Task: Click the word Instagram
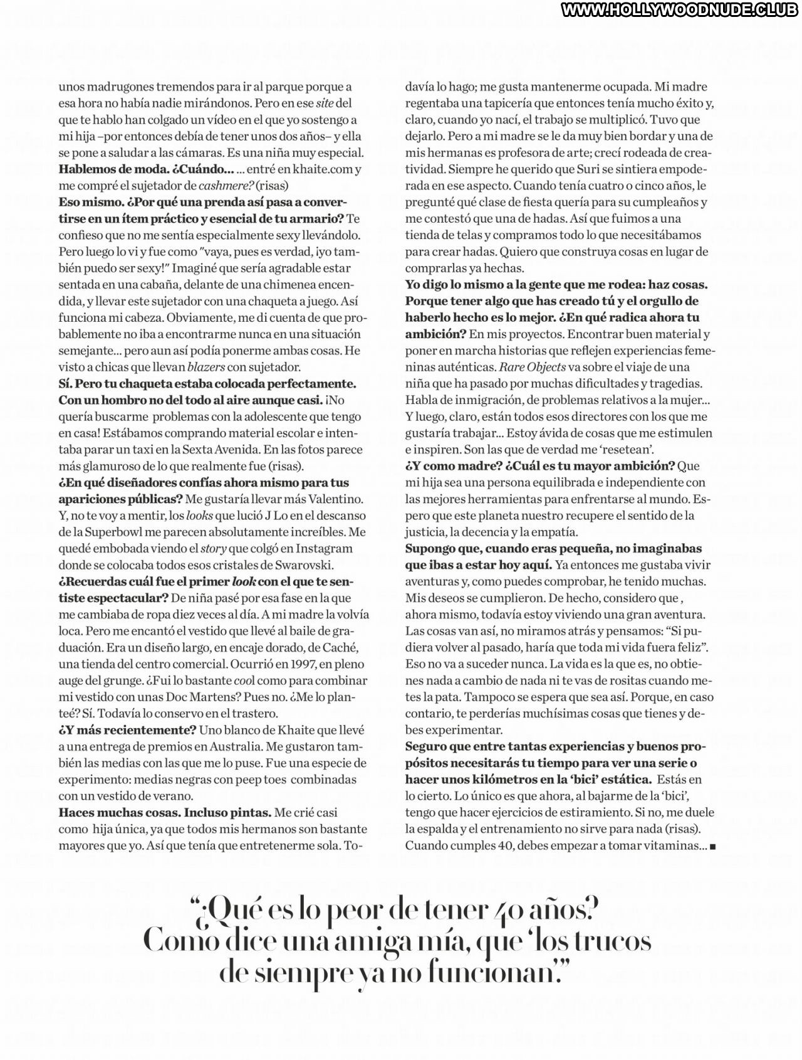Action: (322, 548)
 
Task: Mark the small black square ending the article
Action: (713, 846)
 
